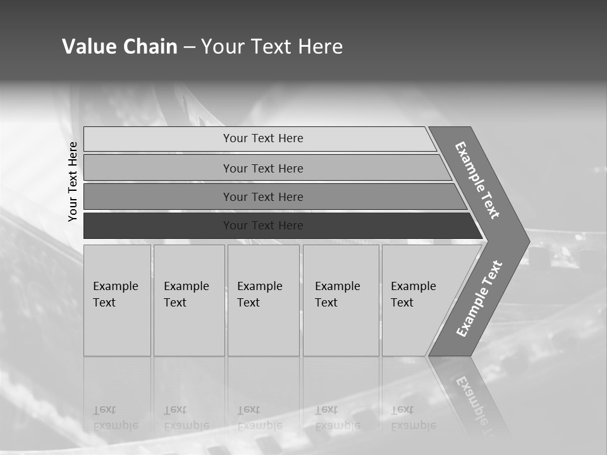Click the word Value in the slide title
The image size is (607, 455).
pyautogui.click(x=89, y=47)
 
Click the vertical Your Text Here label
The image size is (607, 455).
pyautogui.click(x=73, y=181)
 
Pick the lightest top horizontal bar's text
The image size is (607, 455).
pyautogui.click(x=263, y=138)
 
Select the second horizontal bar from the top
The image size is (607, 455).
pyautogui.click(x=263, y=168)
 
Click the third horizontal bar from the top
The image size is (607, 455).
pyautogui.click(x=263, y=197)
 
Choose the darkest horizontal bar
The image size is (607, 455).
pyautogui.click(x=263, y=226)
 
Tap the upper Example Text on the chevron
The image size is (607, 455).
pyautogui.click(x=477, y=180)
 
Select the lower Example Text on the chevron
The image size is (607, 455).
pyautogui.click(x=479, y=299)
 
